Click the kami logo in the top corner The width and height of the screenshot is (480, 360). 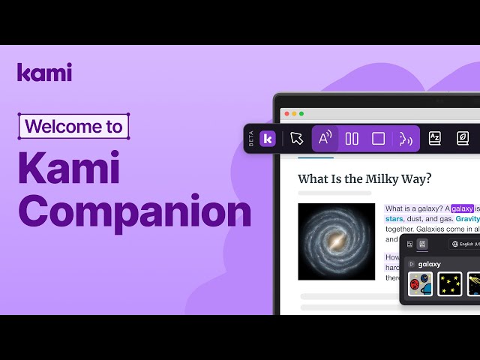click(44, 72)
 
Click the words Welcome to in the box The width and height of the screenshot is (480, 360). click(73, 126)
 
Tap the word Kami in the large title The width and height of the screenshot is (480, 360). click(69, 167)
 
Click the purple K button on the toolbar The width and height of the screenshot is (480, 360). click(268, 139)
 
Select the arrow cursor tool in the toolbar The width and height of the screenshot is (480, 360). click(297, 139)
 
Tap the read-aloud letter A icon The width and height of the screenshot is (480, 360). click(325, 139)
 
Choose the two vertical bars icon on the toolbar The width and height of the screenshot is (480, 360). click(352, 139)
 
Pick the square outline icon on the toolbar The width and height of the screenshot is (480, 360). click(379, 139)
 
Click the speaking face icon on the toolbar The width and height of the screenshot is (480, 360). click(406, 139)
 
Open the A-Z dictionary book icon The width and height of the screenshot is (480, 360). click(434, 139)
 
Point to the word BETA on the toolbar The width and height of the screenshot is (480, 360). click(251, 139)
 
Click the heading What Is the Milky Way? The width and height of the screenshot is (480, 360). click(364, 178)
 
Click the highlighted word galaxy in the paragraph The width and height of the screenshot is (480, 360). click(462, 208)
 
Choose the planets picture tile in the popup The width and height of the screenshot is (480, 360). click(421, 283)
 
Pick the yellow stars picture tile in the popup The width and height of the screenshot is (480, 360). click(450, 283)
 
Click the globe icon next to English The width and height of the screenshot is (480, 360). click(456, 244)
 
